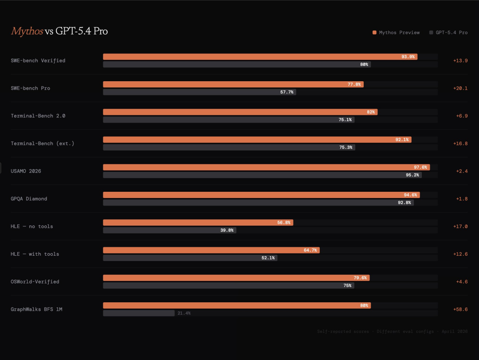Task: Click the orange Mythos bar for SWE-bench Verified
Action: pyautogui.click(x=260, y=57)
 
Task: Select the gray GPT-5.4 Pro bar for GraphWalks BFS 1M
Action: pyautogui.click(x=139, y=313)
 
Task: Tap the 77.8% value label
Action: pyautogui.click(x=354, y=84)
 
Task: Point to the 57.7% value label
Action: pyautogui.click(x=287, y=92)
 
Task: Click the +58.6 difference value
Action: pyautogui.click(x=460, y=309)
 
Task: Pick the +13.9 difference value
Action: pyautogui.click(x=460, y=60)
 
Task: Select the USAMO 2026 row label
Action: pyautogui.click(x=26, y=171)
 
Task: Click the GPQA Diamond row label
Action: pyautogui.click(x=29, y=198)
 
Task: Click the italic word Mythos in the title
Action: pyautogui.click(x=27, y=31)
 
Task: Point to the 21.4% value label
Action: pyautogui.click(x=184, y=313)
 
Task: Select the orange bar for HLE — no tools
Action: pyautogui.click(x=198, y=222)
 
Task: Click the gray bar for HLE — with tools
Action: pyautogui.click(x=190, y=258)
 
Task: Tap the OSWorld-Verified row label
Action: pyautogui.click(x=35, y=281)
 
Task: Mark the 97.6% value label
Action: pyautogui.click(x=420, y=167)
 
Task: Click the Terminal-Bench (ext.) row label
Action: pyautogui.click(x=42, y=143)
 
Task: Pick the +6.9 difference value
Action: pyautogui.click(x=462, y=115)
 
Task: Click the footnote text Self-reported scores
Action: pyautogui.click(x=342, y=331)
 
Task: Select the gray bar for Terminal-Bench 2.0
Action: pyautogui.click(x=228, y=120)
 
